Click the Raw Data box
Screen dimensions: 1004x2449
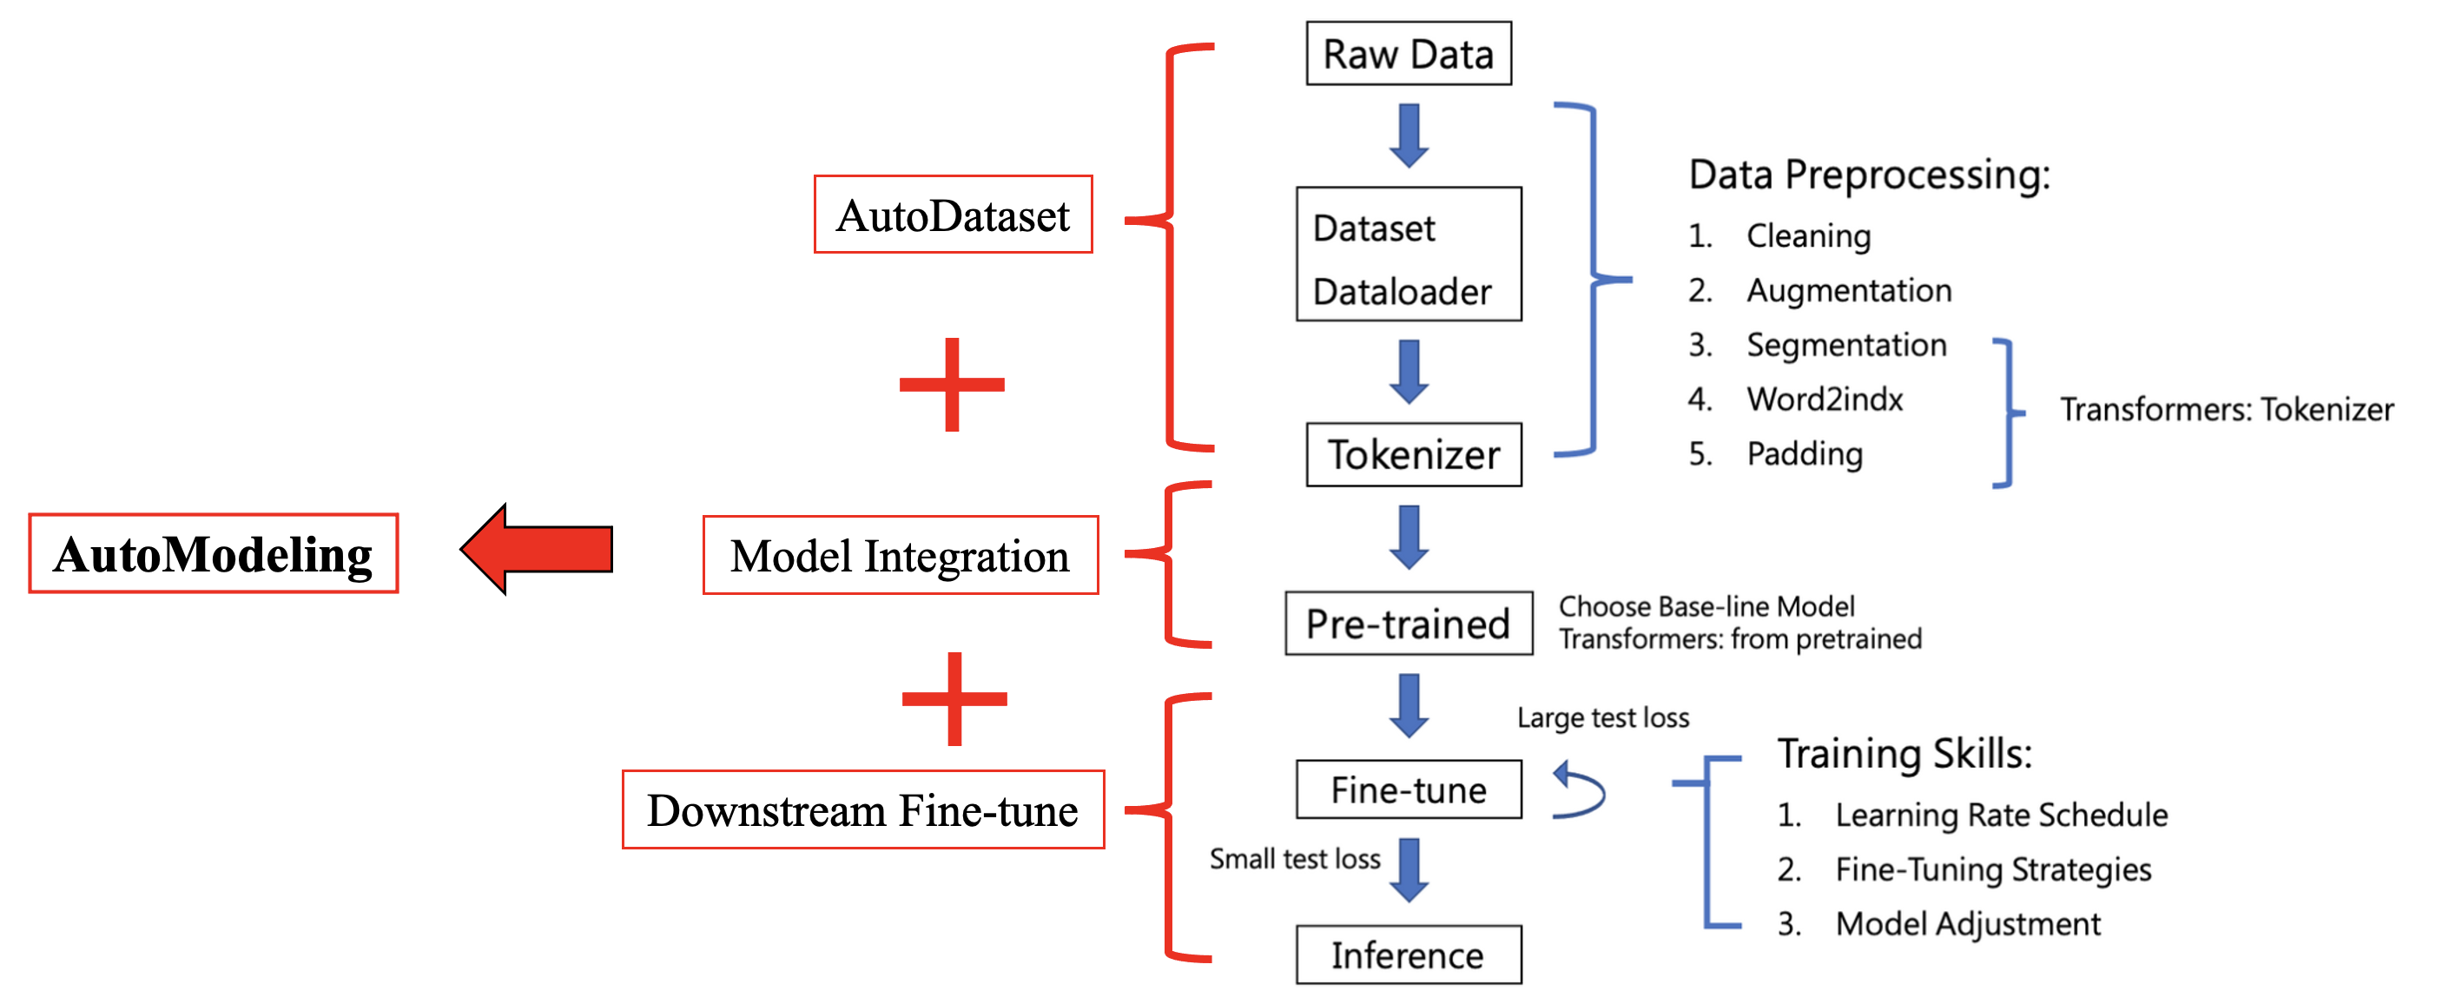(1408, 54)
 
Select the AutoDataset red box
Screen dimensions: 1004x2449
(953, 215)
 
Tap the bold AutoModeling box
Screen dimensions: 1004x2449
(213, 554)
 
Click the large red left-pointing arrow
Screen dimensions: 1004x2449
(538, 550)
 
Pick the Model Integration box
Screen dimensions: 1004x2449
(900, 556)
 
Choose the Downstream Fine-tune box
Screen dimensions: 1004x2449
(862, 810)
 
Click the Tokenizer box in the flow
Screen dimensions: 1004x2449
(1413, 454)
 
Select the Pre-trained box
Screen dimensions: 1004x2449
(1408, 624)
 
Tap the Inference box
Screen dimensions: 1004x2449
(1408, 954)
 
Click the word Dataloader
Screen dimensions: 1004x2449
(1402, 292)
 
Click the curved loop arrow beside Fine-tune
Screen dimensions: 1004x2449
(1578, 789)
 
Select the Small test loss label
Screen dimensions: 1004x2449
(1294, 859)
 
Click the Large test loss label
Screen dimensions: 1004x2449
(1602, 717)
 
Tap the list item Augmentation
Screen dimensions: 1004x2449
(1848, 290)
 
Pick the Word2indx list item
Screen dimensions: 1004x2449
(1825, 400)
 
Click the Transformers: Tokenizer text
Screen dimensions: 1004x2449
(2226, 410)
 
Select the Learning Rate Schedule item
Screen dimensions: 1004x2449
(2000, 815)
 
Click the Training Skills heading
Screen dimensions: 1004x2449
(1904, 754)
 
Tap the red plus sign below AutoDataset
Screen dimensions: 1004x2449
(952, 384)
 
